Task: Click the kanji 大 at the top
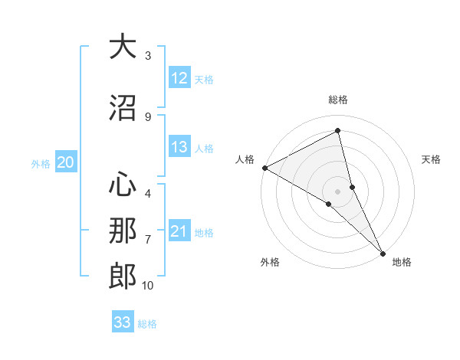[123, 47]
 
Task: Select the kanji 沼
[123, 106]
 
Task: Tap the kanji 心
[123, 185]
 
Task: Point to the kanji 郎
[123, 276]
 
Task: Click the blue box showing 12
[179, 78]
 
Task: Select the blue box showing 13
[179, 148]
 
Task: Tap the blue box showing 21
[179, 232]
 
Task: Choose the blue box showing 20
[66, 162]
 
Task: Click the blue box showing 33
[123, 322]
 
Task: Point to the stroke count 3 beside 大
[148, 56]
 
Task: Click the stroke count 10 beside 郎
[147, 286]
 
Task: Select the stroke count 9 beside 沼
[148, 116]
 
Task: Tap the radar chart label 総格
[338, 100]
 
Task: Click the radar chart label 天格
[432, 159]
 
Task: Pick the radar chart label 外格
[270, 262]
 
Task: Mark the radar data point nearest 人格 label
[264, 167]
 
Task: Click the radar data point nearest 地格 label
[383, 252]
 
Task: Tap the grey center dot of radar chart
[338, 191]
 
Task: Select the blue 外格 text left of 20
[41, 163]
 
